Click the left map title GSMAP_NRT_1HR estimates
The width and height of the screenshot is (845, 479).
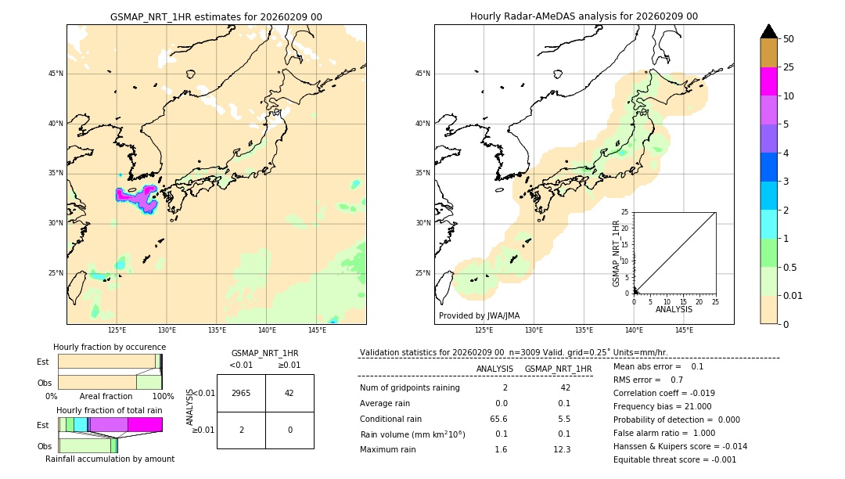(216, 16)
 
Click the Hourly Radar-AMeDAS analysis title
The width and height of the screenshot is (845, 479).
(584, 16)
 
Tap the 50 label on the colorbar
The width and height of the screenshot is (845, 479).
(789, 39)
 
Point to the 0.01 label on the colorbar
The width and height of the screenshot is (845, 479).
(793, 295)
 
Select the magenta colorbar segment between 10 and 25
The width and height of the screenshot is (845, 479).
(768, 81)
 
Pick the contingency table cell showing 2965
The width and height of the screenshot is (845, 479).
(241, 393)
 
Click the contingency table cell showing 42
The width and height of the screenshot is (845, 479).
(289, 393)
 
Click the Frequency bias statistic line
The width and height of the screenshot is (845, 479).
(662, 406)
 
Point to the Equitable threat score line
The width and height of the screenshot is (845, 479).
(674, 459)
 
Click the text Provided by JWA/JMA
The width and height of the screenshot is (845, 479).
(479, 315)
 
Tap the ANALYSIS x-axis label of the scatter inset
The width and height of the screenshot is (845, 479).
(674, 309)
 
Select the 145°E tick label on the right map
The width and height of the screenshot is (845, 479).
(684, 330)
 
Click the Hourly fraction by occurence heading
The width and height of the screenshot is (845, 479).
(110, 347)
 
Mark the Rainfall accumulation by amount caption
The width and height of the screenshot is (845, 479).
(110, 459)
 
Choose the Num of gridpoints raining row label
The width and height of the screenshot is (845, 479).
(410, 387)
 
